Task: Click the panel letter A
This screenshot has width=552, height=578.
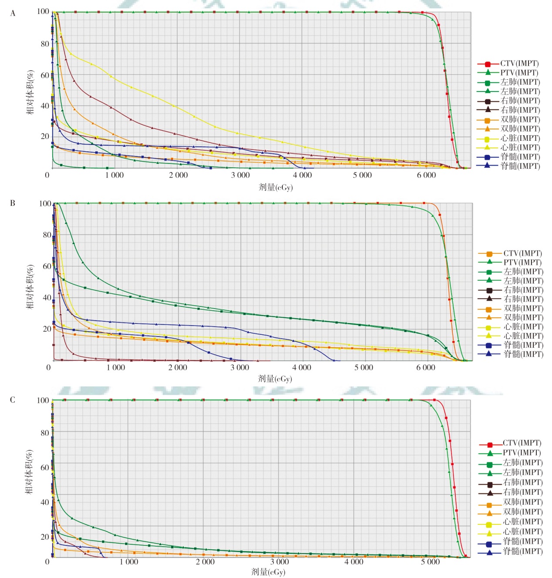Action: click(x=13, y=14)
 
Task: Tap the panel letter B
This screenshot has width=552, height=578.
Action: click(x=13, y=203)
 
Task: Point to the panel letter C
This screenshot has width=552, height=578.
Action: click(x=13, y=400)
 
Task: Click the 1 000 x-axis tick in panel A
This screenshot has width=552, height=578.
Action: click(x=114, y=175)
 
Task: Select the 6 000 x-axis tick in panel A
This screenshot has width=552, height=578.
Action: click(x=426, y=175)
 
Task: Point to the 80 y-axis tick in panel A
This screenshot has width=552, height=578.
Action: click(x=45, y=44)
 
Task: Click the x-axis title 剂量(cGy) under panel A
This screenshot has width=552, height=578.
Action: click(x=276, y=187)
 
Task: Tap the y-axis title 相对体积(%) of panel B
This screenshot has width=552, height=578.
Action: click(x=30, y=286)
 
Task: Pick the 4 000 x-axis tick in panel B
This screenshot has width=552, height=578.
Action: click(x=302, y=367)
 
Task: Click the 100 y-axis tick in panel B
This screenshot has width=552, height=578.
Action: click(x=45, y=204)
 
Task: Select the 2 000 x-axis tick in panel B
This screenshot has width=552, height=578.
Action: click(x=178, y=367)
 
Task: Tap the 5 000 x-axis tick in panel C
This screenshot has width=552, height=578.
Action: click(x=430, y=562)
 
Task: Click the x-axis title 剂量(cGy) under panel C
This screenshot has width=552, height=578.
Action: click(x=268, y=572)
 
